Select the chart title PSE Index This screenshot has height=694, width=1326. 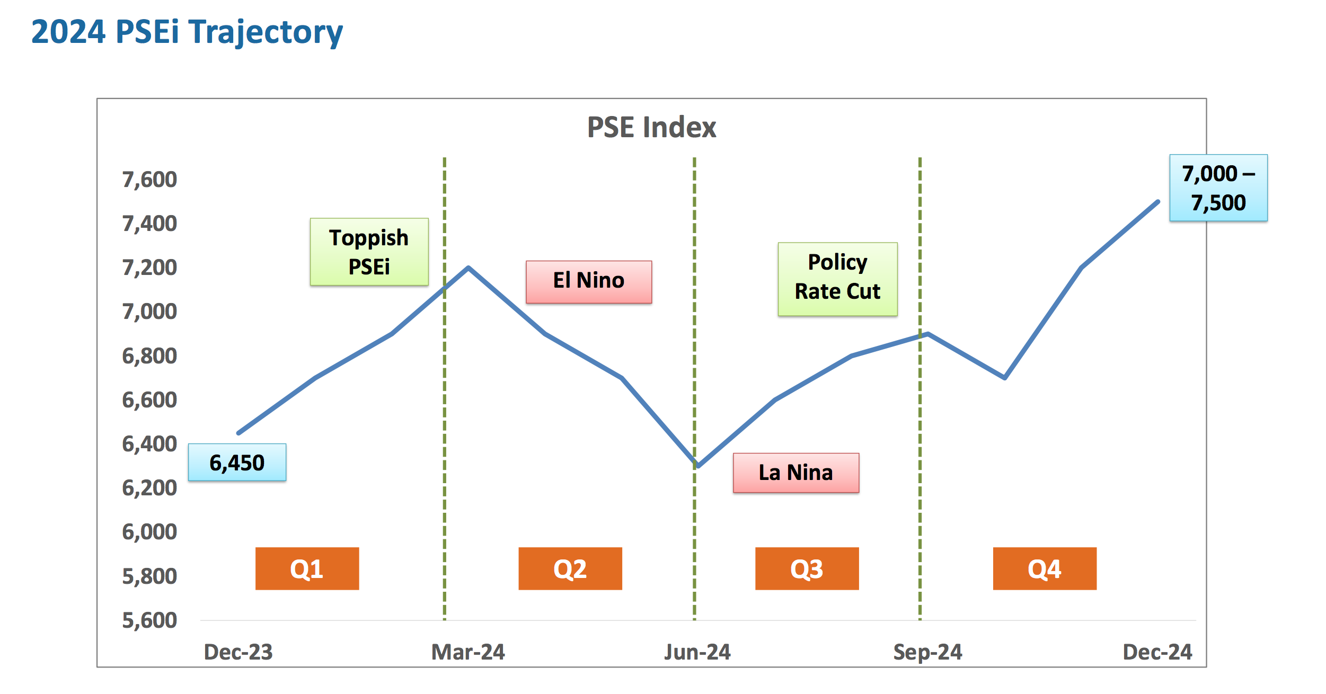coord(651,128)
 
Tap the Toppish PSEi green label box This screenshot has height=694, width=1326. coord(369,252)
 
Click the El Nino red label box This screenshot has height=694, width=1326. coord(589,282)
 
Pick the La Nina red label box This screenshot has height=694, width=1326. coord(795,473)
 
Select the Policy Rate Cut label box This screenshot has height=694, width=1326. coord(837,279)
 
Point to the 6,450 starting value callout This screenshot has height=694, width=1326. coord(237,462)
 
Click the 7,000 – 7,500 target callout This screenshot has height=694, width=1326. coord(1218,188)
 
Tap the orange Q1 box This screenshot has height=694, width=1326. coord(307,568)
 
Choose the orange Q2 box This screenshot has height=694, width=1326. coord(570,568)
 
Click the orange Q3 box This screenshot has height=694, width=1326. coord(807,568)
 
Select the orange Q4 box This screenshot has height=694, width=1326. coord(1044,568)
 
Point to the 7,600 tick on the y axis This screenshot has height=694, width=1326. coord(149,180)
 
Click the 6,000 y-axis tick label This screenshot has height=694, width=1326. coord(149,532)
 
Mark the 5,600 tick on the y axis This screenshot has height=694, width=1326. coord(149,620)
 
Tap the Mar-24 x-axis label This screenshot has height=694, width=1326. coord(468,652)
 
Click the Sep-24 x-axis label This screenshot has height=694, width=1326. coord(927,652)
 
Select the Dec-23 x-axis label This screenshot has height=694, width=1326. coord(238,652)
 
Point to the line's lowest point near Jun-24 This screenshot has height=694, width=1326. coord(698,466)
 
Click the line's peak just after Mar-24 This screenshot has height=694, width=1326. coord(468,268)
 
